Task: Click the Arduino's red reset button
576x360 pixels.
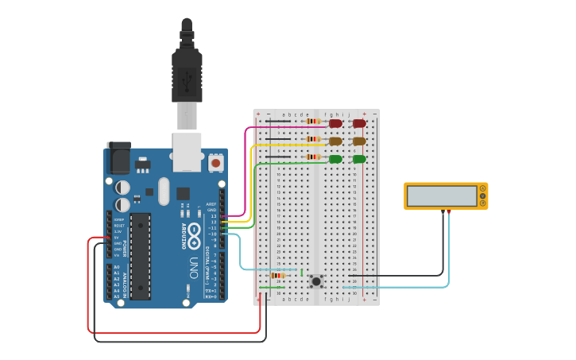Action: (x=215, y=163)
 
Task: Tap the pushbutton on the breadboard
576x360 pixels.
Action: (x=316, y=281)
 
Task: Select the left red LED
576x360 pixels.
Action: (x=335, y=123)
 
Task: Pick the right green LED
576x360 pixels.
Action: (x=359, y=159)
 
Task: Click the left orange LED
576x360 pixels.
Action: (x=335, y=141)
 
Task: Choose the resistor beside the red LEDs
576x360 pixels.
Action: (x=313, y=122)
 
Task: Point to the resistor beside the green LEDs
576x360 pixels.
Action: (x=313, y=157)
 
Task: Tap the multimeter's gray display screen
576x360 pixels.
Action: (x=441, y=195)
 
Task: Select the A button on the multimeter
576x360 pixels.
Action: (x=482, y=188)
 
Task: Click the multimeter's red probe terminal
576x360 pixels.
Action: (x=449, y=211)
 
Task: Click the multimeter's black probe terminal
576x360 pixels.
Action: (x=443, y=211)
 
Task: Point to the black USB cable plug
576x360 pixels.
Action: (x=187, y=75)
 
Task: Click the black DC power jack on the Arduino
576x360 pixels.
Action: (x=118, y=157)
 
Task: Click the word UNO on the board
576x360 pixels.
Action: (x=193, y=268)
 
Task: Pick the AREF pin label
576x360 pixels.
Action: (x=211, y=204)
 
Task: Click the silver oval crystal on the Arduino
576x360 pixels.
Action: (x=164, y=191)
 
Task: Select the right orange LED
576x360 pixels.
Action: (x=359, y=141)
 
